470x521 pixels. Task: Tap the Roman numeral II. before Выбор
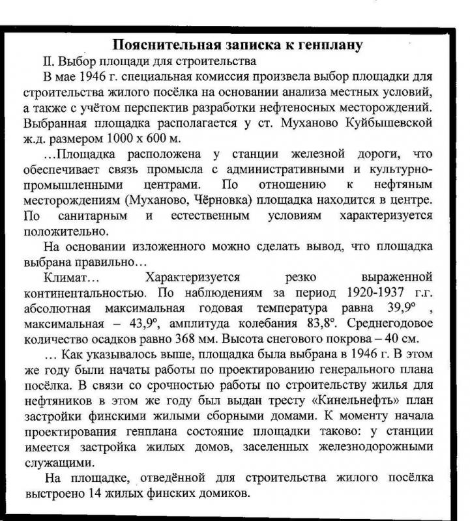49,62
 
